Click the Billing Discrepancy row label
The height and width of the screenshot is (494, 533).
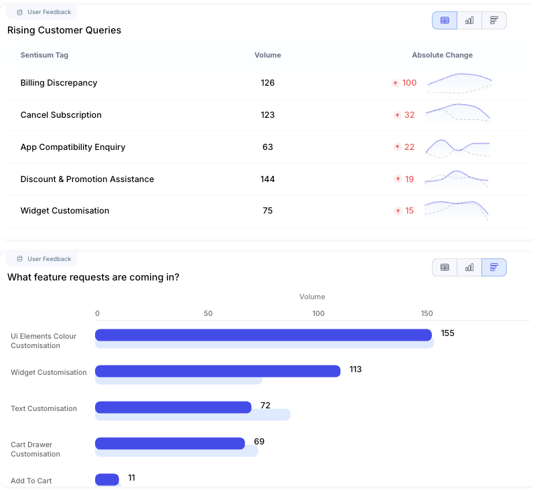pyautogui.click(x=59, y=83)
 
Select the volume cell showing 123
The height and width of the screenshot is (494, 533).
pyautogui.click(x=268, y=115)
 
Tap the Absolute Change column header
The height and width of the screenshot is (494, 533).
pyautogui.click(x=442, y=55)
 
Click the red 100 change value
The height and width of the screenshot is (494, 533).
pyautogui.click(x=409, y=83)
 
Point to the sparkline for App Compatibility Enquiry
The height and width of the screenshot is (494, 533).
pyautogui.click(x=459, y=147)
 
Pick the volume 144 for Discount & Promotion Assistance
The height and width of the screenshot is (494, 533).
pyautogui.click(x=268, y=179)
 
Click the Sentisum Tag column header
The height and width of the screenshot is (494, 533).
pyautogui.click(x=44, y=55)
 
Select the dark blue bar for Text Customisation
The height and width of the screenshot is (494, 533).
pyautogui.click(x=173, y=407)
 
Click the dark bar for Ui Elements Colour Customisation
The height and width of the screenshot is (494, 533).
pyautogui.click(x=263, y=335)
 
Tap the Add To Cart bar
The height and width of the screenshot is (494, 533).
pyautogui.click(x=107, y=479)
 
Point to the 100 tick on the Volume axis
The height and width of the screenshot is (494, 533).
pyautogui.click(x=319, y=313)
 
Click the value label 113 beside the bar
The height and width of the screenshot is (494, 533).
pyautogui.click(x=356, y=369)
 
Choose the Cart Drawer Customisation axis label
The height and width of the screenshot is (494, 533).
pyautogui.click(x=35, y=449)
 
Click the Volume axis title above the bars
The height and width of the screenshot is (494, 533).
pyautogui.click(x=312, y=297)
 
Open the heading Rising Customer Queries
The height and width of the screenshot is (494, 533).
pyautogui.click(x=64, y=30)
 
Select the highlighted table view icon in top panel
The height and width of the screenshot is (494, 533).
pyautogui.click(x=445, y=20)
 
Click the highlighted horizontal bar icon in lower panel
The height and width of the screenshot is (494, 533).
pyautogui.click(x=494, y=267)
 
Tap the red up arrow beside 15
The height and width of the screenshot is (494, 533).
pyautogui.click(x=396, y=211)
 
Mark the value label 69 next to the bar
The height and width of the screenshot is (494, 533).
pyautogui.click(x=260, y=442)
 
